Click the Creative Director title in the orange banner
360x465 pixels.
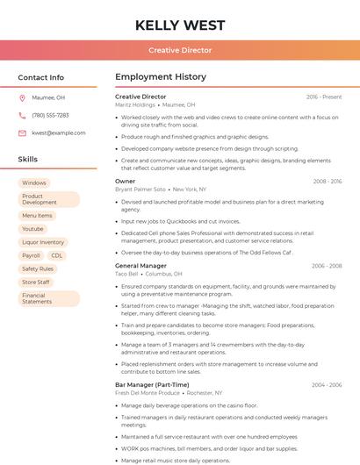[179, 50]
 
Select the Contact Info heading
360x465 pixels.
[41, 77]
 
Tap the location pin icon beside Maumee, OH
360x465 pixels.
[22, 97]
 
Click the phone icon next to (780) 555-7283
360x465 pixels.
[22, 115]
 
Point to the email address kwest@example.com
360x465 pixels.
[59, 132]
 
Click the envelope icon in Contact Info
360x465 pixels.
[22, 132]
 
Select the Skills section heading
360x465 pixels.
[28, 160]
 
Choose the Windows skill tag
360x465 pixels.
[35, 182]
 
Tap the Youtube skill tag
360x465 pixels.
[32, 228]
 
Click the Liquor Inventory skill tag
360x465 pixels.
[43, 242]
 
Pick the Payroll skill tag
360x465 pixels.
[31, 255]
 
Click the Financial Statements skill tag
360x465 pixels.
[37, 298]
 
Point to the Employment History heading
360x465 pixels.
[161, 77]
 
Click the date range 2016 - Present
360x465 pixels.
[324, 97]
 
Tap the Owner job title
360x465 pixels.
[126, 181]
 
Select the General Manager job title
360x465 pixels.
[140, 265]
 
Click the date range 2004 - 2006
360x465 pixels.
[327, 384]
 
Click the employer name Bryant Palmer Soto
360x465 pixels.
[140, 189]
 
